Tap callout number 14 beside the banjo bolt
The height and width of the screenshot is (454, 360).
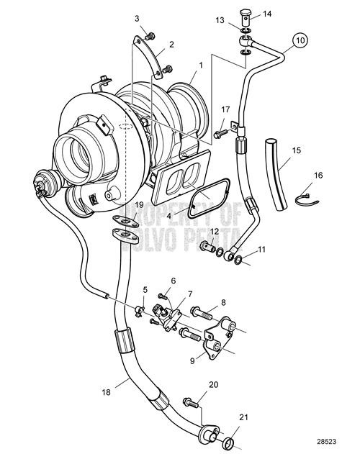[x=267, y=14]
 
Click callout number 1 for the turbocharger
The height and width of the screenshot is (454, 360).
[x=201, y=65]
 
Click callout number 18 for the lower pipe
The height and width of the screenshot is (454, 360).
[x=107, y=393]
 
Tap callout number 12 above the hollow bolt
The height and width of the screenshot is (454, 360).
[x=214, y=231]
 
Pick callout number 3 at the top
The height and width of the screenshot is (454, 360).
[x=137, y=18]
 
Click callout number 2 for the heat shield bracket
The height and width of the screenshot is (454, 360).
[x=171, y=45]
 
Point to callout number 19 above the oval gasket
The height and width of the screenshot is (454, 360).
[x=139, y=205]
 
